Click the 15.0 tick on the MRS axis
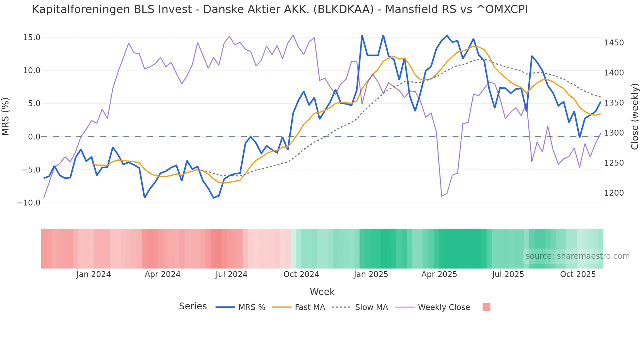(32, 38)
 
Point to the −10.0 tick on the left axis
(29, 203)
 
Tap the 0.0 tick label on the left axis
(34, 137)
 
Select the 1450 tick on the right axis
(614, 43)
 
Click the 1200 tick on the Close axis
(614, 193)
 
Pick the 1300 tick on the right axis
(614, 133)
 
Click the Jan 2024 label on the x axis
(94, 274)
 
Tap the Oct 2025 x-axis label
(578, 274)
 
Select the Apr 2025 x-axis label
(439, 274)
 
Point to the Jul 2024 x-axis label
(232, 274)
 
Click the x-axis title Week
(322, 292)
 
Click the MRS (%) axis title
(6, 117)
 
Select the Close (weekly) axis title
(634, 117)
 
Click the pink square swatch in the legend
(486, 307)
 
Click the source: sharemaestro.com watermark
(577, 256)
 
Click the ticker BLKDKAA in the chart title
(343, 9)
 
